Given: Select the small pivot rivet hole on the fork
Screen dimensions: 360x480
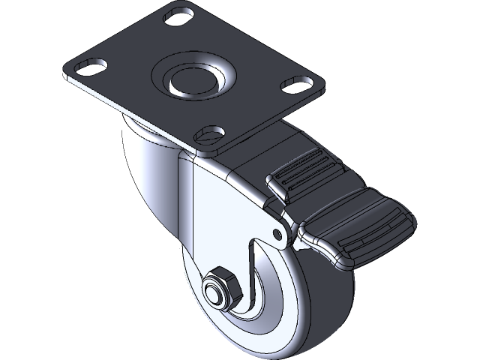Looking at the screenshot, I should click(x=280, y=235).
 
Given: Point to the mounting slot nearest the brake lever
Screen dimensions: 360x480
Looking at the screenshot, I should click(x=208, y=134).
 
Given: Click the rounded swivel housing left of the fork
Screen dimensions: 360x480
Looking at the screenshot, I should click(x=146, y=172).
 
